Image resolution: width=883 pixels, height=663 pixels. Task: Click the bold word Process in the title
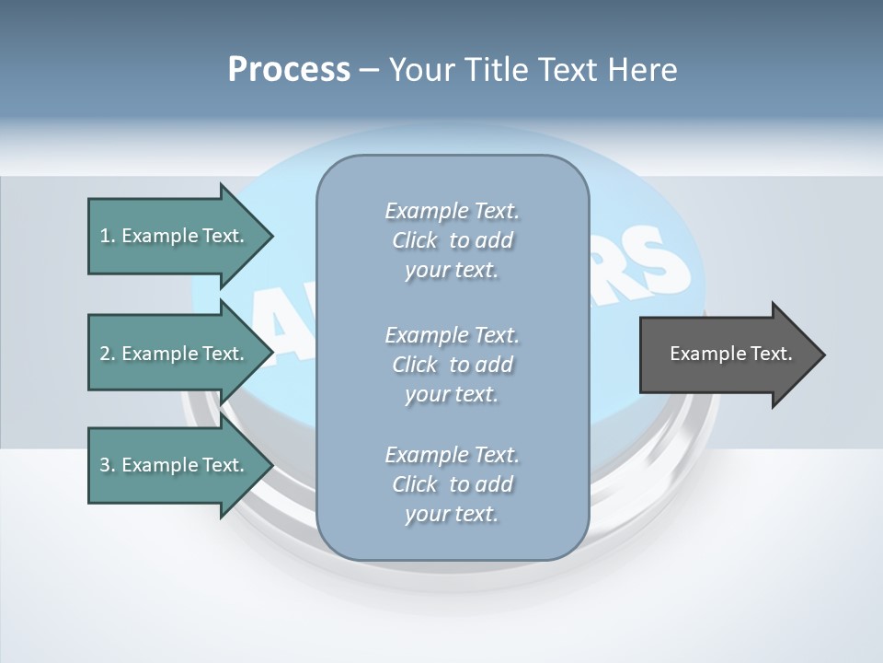point(289,70)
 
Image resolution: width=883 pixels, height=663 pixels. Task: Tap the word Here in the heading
point(641,70)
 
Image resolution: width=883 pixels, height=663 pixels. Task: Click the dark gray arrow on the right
point(727,355)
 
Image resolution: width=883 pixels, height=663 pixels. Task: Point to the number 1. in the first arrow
point(107,236)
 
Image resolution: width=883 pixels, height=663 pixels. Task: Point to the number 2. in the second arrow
point(107,354)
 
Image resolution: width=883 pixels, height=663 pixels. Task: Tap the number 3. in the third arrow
point(107,465)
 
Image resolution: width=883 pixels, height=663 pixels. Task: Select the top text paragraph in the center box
point(453,240)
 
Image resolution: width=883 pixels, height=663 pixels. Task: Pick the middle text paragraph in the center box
point(453,365)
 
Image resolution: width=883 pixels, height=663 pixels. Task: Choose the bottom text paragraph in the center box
point(453,484)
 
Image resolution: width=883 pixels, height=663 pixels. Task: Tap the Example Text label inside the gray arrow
point(730,354)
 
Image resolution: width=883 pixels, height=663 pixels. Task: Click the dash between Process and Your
point(369,70)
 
